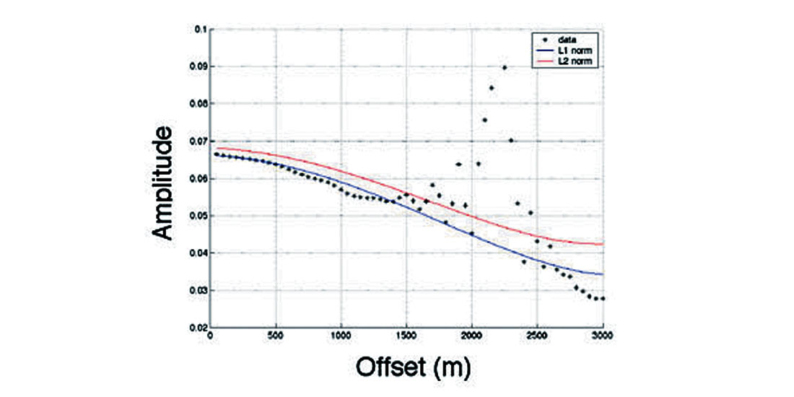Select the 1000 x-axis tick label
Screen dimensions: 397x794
340,336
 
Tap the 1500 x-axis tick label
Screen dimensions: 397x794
406,336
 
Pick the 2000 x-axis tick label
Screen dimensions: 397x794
471,336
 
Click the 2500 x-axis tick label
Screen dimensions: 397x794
536,336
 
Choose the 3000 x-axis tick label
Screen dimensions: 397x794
601,336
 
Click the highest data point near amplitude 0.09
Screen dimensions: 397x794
504,68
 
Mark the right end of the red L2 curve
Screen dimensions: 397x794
602,244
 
